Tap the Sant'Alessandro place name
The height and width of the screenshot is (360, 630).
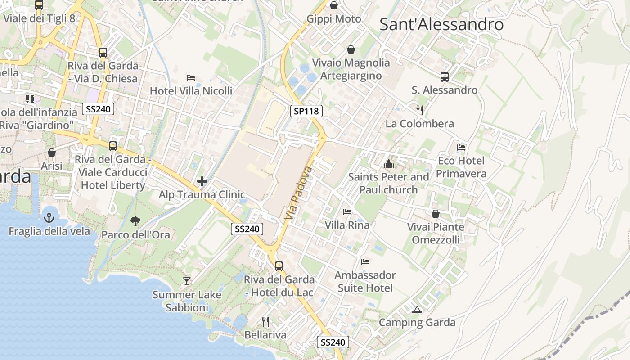click(441, 24)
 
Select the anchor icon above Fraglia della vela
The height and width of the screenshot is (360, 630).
click(49, 218)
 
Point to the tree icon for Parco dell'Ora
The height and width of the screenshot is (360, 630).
click(135, 221)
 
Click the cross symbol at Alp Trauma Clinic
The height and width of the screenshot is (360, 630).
click(202, 181)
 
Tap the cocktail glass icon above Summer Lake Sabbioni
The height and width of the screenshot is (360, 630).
click(187, 281)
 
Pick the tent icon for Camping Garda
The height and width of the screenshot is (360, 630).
click(417, 310)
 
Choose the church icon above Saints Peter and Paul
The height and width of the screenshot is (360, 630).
click(388, 164)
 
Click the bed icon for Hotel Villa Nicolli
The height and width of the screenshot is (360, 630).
click(191, 77)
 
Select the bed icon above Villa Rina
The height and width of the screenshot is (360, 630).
click(347, 211)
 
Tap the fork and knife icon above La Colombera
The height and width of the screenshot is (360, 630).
click(420, 110)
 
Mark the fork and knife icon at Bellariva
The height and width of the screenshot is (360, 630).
click(265, 321)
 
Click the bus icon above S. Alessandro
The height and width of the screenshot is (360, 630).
click(444, 76)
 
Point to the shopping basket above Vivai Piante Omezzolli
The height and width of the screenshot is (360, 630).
click(435, 213)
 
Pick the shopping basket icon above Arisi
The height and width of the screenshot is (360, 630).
click(52, 153)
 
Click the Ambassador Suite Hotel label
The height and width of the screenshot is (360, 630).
click(365, 281)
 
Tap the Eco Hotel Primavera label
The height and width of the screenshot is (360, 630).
click(461, 167)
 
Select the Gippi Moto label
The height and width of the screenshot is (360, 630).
click(334, 19)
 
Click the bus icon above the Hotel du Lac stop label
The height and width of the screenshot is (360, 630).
click(279, 266)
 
